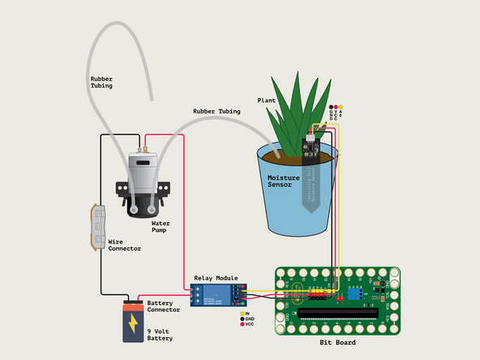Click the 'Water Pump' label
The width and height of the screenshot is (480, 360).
pyautogui.click(x=165, y=226)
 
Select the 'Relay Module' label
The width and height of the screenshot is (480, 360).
pyautogui.click(x=215, y=277)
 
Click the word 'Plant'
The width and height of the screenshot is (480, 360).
pyautogui.click(x=267, y=101)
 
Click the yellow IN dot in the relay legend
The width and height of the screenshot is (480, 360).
pyautogui.click(x=242, y=313)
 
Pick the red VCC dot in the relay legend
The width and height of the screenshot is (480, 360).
pyautogui.click(x=242, y=326)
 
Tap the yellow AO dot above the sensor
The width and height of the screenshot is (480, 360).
pyautogui.click(x=341, y=106)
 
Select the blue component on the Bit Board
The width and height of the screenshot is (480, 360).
pyautogui.click(x=355, y=289)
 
